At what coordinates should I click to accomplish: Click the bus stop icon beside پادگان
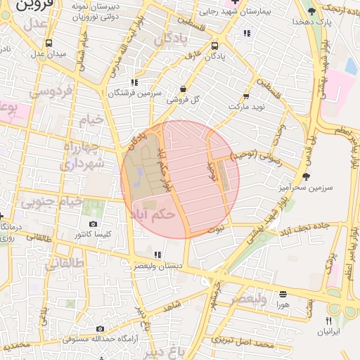(214, 46)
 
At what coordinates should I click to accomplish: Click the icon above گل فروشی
(184, 89)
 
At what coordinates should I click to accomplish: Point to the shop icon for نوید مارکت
(246, 96)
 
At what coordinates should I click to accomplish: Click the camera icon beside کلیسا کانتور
(93, 224)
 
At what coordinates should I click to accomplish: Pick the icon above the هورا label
(283, 294)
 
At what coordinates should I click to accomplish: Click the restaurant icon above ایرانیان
(328, 320)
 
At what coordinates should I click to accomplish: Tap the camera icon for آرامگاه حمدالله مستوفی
(101, 328)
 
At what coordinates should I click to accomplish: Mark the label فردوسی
(49, 92)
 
